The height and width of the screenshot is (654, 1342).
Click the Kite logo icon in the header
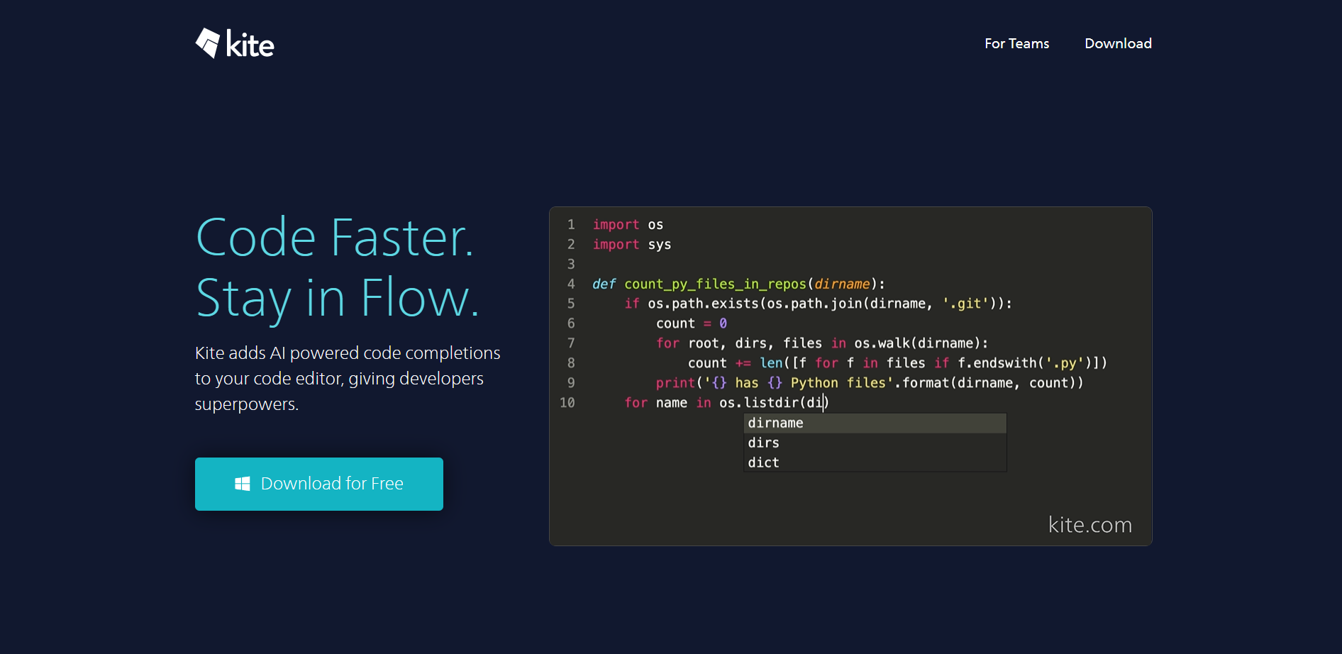208,43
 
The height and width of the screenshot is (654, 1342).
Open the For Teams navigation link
1016,43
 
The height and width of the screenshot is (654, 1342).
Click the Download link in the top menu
1118,43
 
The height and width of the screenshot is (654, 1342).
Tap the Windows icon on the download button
243,484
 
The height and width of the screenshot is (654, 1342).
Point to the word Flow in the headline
420,298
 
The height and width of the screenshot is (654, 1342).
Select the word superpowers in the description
246,404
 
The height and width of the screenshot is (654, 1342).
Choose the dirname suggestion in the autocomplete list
775,423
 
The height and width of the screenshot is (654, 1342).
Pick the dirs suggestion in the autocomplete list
763,443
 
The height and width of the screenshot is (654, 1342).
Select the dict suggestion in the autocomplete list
763,462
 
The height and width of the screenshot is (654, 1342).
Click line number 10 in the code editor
567,403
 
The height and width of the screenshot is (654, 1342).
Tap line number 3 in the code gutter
571,264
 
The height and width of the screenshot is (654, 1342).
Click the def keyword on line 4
604,284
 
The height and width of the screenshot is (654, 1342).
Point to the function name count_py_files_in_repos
715,284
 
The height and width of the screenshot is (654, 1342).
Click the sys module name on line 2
660,245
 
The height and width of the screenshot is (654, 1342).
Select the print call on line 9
675,383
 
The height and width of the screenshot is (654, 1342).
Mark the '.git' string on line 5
965,304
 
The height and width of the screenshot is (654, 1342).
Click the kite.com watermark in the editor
1090,525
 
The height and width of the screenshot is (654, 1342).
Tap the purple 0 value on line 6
723,323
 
